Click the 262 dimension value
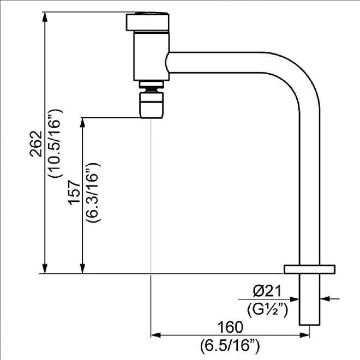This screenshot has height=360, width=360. (x=37, y=144)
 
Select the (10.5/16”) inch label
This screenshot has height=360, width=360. (x=55, y=143)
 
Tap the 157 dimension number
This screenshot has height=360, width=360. (x=74, y=193)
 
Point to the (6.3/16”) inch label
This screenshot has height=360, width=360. (x=93, y=193)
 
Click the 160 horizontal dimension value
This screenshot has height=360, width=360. (x=230, y=327)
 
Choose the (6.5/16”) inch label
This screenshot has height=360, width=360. (x=230, y=346)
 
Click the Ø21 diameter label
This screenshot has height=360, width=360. (x=267, y=291)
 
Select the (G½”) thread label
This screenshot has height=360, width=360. (x=267, y=310)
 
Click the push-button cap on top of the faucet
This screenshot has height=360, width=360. (x=148, y=22)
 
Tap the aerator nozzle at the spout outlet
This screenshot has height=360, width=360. (x=152, y=105)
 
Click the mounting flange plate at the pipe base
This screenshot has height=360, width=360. (x=309, y=269)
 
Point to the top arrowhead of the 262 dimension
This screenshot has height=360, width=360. (x=45, y=17)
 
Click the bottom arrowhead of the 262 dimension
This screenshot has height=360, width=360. (x=45, y=268)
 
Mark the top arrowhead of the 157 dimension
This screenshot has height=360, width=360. (x=83, y=123)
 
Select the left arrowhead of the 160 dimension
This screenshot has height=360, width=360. (x=155, y=335)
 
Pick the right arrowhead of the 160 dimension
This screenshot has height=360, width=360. (x=304, y=335)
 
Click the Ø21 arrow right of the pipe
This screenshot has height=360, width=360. (x=329, y=299)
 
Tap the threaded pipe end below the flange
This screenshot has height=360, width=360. (x=309, y=299)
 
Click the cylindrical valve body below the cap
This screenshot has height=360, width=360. (x=152, y=57)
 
